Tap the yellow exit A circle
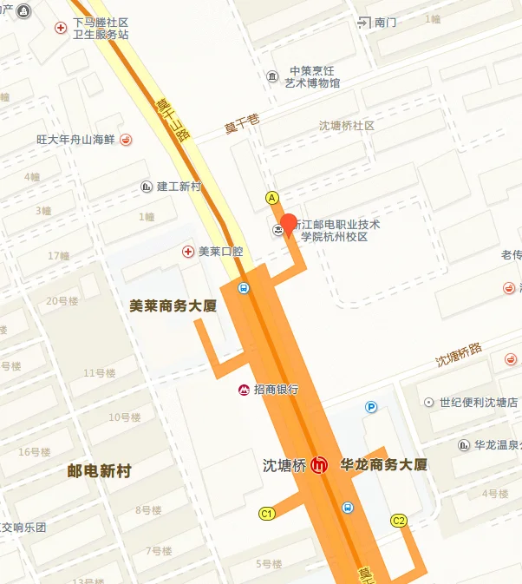[271, 198]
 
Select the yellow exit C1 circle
[267, 514]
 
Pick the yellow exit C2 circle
[399, 521]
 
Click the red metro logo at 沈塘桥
[319, 465]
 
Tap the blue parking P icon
[372, 406]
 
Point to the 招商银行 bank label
[276, 390]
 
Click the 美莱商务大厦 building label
[172, 305]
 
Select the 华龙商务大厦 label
[384, 465]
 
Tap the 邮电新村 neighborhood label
[99, 471]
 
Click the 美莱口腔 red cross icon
[187, 252]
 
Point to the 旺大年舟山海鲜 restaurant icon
[126, 139]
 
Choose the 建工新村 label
[179, 187]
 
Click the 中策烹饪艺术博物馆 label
[313, 77]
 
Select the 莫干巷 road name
[243, 124]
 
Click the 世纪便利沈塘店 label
[478, 403]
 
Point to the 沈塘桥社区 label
[346, 126]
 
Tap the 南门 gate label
[385, 23]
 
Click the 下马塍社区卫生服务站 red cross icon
[61, 28]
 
